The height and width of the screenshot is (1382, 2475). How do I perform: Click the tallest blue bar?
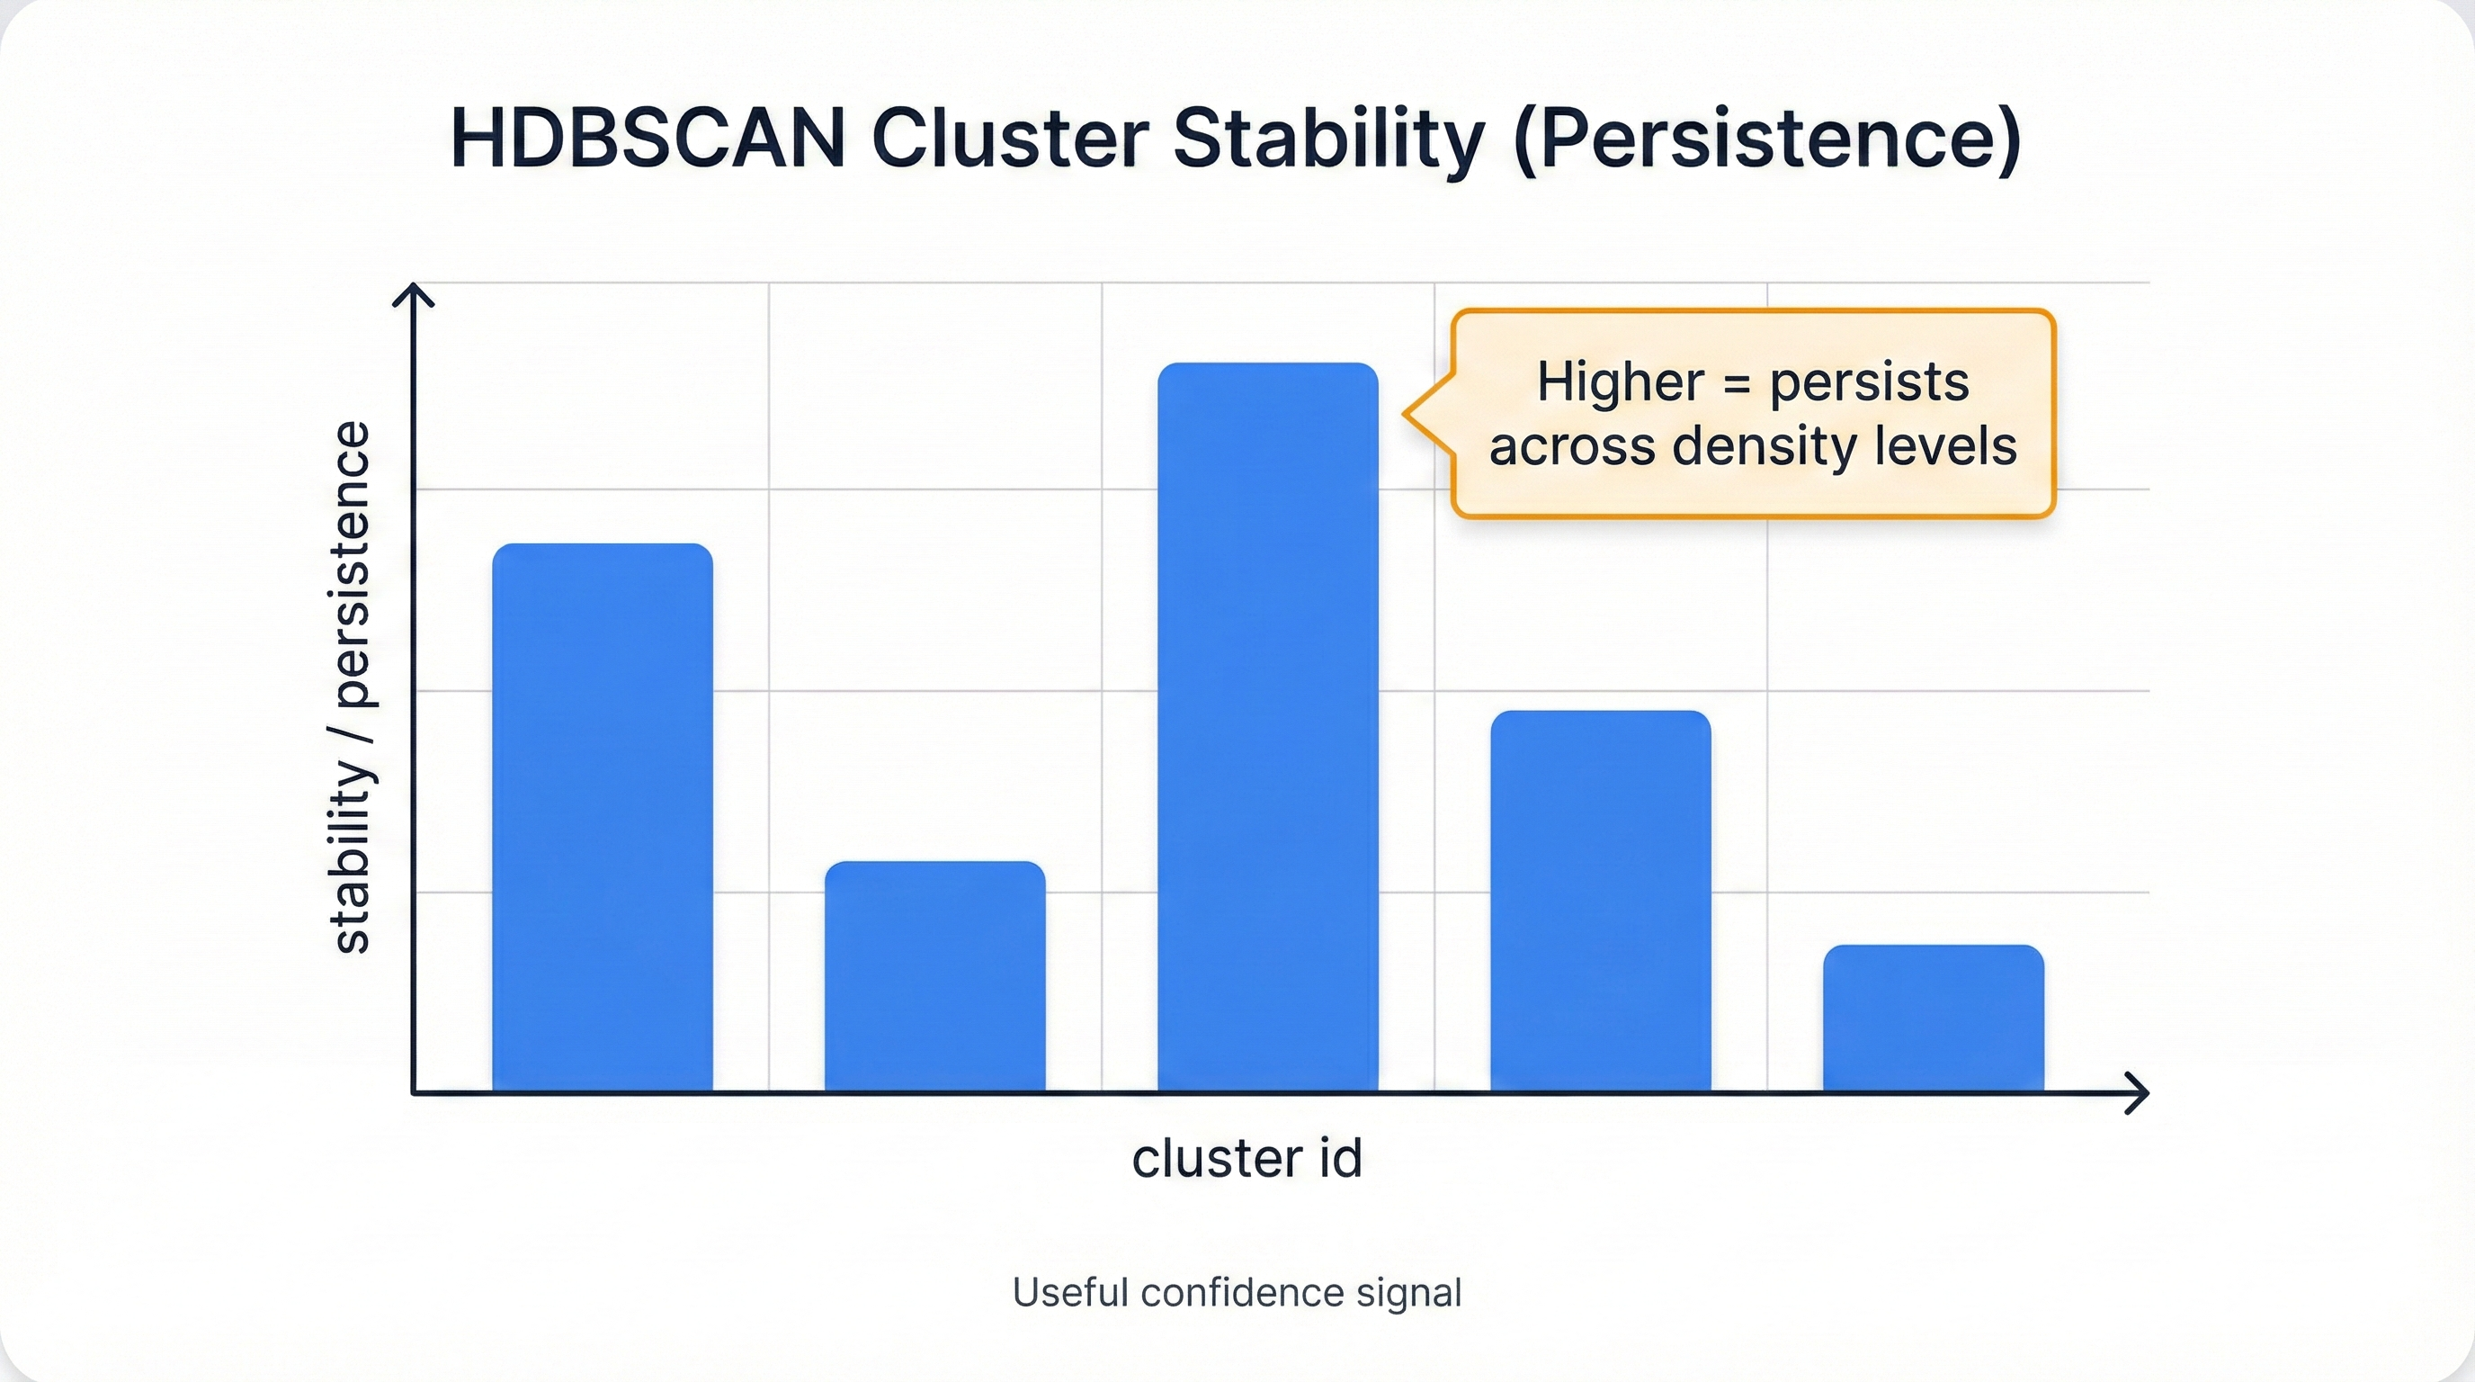(1267, 727)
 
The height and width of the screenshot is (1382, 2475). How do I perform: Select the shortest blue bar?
(1933, 1019)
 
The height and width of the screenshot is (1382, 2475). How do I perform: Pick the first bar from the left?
(603, 817)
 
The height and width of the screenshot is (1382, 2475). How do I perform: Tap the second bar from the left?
(934, 976)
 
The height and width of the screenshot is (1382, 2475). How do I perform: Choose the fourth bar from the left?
(1601, 901)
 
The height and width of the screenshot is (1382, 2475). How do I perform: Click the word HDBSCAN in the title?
(648, 139)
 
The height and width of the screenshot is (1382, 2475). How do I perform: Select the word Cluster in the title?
(1011, 139)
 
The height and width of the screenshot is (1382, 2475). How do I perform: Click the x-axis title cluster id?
(1247, 1158)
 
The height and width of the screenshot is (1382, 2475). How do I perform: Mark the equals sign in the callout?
(1736, 383)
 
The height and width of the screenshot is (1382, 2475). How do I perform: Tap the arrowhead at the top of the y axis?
(413, 291)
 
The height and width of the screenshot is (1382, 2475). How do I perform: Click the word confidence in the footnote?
(1242, 1293)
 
